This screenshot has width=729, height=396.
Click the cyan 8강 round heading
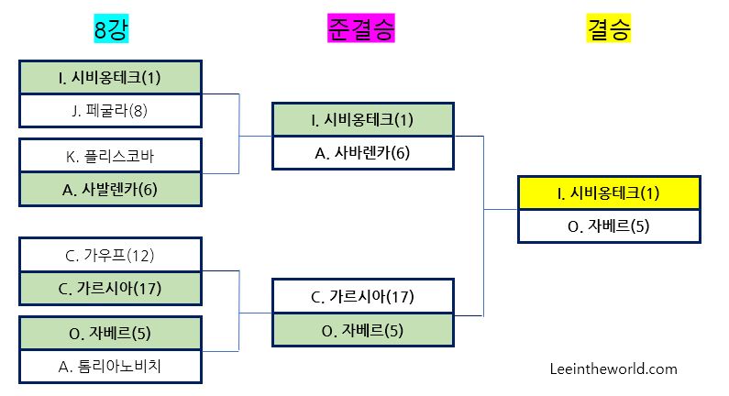click(110, 29)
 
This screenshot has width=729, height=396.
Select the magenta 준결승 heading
click(360, 29)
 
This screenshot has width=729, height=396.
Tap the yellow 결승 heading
click(609, 29)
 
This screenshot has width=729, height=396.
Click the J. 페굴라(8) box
click(110, 111)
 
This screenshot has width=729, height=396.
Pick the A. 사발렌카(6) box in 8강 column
click(110, 189)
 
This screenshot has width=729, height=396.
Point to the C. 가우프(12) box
click(110, 254)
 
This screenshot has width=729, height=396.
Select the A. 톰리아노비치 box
click(110, 366)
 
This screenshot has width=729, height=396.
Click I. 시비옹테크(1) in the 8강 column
click(110, 77)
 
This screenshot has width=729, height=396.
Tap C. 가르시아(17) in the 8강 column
click(110, 288)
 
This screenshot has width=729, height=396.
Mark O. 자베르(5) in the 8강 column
click(110, 332)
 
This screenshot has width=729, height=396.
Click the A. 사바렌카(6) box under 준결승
click(362, 153)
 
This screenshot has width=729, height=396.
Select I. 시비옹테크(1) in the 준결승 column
click(362, 119)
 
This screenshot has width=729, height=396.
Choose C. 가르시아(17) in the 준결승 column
click(362, 296)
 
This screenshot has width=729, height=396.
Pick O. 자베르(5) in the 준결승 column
click(362, 330)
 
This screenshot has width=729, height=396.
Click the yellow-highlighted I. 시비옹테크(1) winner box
click(609, 192)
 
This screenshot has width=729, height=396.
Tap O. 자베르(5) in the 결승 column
click(609, 225)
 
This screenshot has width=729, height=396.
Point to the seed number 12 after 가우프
click(143, 254)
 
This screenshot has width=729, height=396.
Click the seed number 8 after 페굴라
click(138, 111)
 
